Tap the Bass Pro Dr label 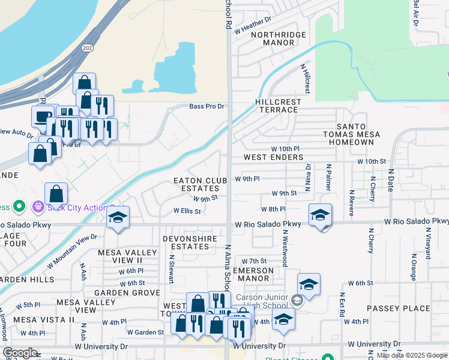click(206, 107)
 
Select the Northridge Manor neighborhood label click(273, 39)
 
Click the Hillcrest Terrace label click(277, 106)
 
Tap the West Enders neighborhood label click(273, 157)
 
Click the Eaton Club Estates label click(200, 184)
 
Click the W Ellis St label click(187, 211)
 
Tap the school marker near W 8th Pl click(321, 215)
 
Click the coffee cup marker click(43, 117)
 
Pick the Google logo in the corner click(20, 353)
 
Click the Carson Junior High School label click(264, 301)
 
